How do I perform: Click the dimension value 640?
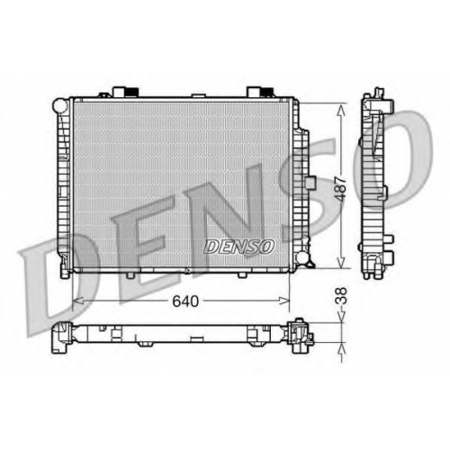coord(185,301)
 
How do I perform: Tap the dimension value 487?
coord(341,189)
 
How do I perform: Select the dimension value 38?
coord(341,296)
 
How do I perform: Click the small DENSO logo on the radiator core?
coord(239,247)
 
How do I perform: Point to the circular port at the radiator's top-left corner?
coord(60,104)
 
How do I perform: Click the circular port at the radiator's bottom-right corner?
coord(302,257)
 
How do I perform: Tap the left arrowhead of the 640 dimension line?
coord(78,301)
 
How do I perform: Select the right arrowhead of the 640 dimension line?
coord(284,301)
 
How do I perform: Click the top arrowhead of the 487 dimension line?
coord(341,110)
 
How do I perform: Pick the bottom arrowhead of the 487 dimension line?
coord(341,262)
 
